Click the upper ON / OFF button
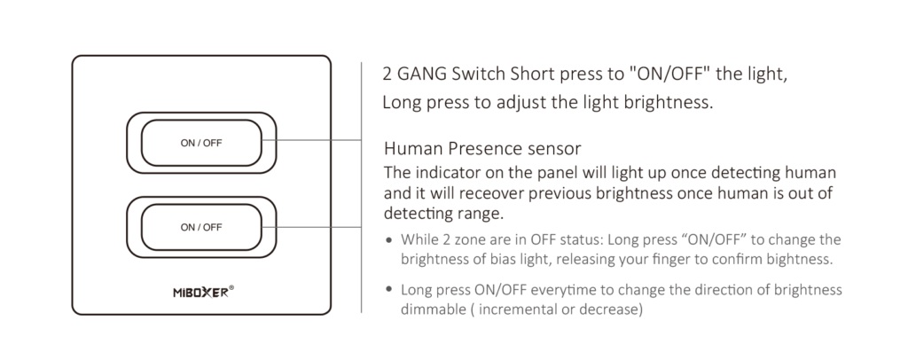[x=201, y=143]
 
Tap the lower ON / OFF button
[x=201, y=228]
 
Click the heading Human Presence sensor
[x=481, y=149]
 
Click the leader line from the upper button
[x=311, y=139]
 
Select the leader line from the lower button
[x=311, y=227]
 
